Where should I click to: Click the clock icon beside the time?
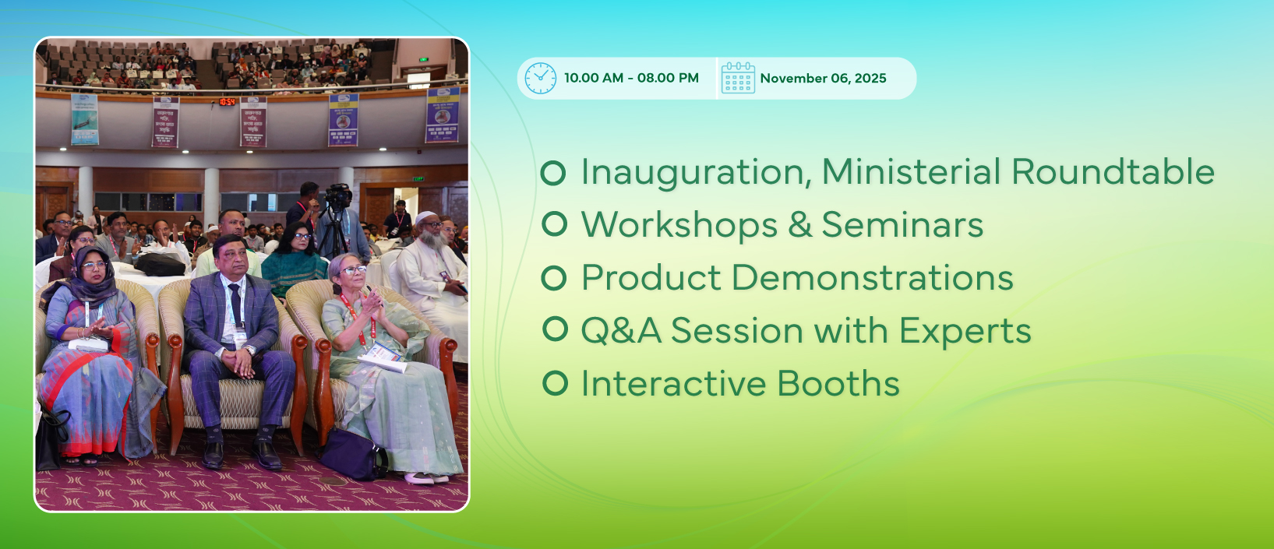click(540, 79)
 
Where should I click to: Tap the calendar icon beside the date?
click(738, 79)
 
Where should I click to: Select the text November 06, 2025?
click(823, 79)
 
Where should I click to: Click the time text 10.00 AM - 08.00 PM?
click(631, 78)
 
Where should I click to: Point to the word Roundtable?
click(1113, 171)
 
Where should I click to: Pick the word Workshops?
click(679, 225)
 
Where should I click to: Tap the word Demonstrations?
click(872, 277)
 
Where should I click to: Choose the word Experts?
click(965, 331)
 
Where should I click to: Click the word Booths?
click(838, 383)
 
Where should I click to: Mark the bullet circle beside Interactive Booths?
click(555, 383)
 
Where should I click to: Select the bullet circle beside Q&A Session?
click(555, 329)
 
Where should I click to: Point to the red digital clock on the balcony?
click(228, 102)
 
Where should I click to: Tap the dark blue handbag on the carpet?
click(353, 454)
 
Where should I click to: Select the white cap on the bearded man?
click(425, 217)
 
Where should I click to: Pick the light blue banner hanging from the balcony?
click(84, 119)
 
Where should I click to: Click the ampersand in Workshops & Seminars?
click(799, 225)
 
